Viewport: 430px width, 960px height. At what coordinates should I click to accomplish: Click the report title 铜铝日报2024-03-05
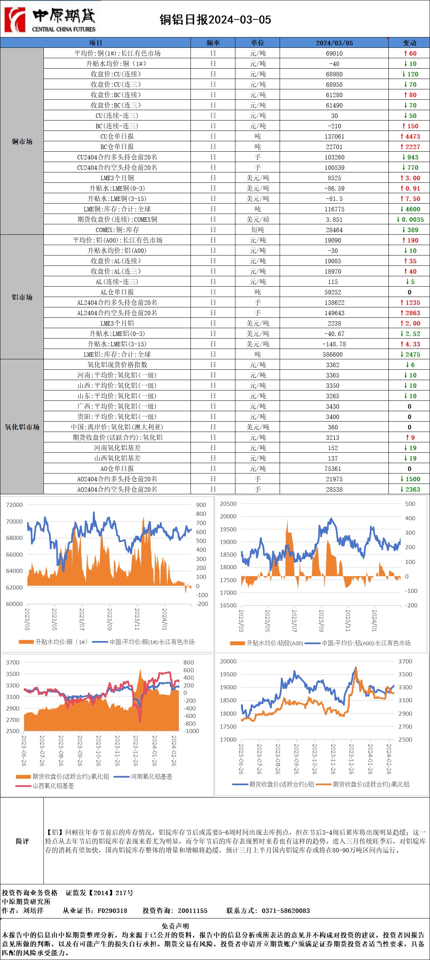[x=215, y=19]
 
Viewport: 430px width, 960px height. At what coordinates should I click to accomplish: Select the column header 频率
[x=213, y=43]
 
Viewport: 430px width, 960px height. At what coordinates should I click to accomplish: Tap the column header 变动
[x=409, y=43]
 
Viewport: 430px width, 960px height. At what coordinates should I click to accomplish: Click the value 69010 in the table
[x=334, y=53]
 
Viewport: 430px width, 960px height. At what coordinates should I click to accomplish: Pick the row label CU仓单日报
[x=117, y=136]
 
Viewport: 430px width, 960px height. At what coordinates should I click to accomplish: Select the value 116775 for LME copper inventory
[x=334, y=209]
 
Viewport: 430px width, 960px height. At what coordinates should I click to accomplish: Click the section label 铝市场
[x=22, y=297]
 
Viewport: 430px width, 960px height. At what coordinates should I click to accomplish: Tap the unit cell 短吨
[x=258, y=230]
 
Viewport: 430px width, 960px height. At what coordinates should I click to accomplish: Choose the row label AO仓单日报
[x=117, y=468]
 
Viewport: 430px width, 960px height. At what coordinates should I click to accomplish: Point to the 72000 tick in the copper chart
[x=14, y=505]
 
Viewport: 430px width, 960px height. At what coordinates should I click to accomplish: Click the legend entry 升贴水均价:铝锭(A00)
[x=274, y=643]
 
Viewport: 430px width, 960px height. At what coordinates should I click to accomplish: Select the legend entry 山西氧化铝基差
[x=53, y=786]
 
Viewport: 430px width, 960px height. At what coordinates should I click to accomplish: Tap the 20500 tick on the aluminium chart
[x=228, y=504]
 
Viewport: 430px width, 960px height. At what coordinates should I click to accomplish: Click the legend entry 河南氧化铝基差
[x=151, y=776]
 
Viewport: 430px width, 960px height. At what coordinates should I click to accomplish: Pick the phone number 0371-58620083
[x=286, y=910]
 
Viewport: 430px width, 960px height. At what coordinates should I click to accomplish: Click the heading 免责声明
[x=175, y=926]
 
